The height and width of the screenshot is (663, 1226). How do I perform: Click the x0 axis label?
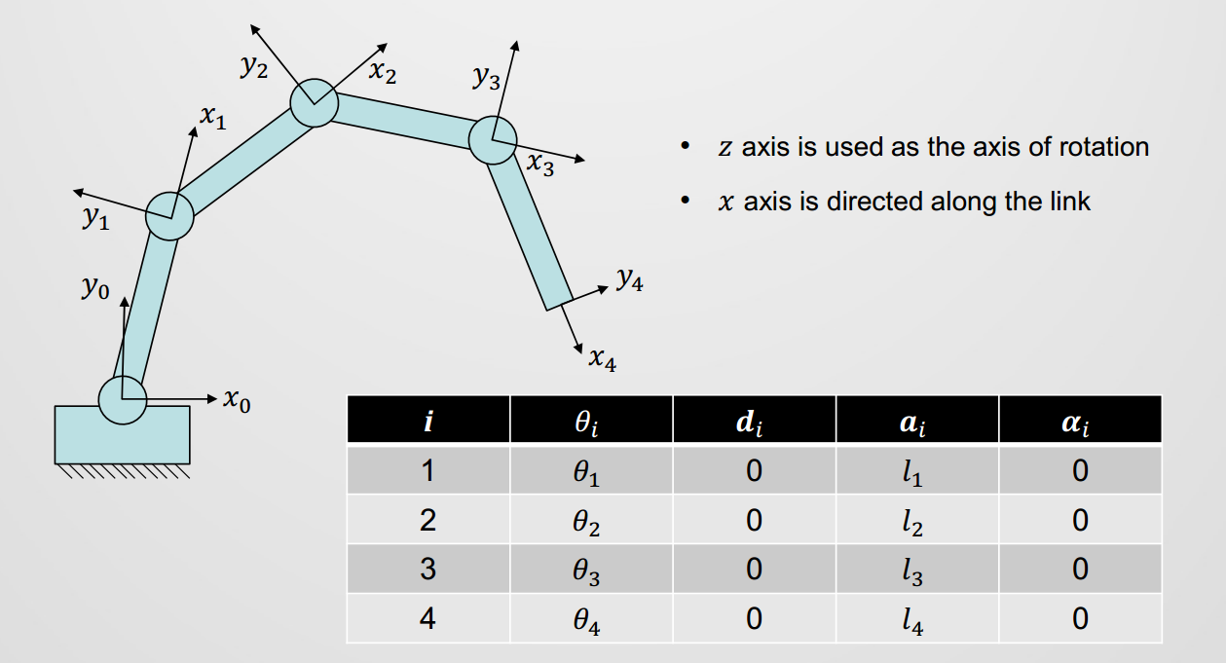pyautogui.click(x=237, y=399)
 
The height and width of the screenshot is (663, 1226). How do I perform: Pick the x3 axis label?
pyautogui.click(x=540, y=165)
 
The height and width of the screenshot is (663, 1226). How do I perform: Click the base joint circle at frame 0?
pyautogui.click(x=123, y=399)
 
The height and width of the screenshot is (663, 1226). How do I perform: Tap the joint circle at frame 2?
pyautogui.click(x=314, y=102)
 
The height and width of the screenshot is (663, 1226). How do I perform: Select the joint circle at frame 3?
pyautogui.click(x=493, y=140)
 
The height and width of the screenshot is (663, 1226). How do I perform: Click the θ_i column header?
pyautogui.click(x=591, y=421)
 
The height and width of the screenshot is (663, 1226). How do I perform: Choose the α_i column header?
pyautogui.click(x=1079, y=421)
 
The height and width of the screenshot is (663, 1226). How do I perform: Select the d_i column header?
pyautogui.click(x=754, y=421)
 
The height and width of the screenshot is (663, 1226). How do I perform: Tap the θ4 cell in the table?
pyautogui.click(x=589, y=620)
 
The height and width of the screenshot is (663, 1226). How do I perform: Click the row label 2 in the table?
pyautogui.click(x=427, y=521)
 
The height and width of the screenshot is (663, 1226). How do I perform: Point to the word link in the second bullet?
pyautogui.click(x=1068, y=202)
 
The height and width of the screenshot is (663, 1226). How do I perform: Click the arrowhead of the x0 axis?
pyautogui.click(x=214, y=399)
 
